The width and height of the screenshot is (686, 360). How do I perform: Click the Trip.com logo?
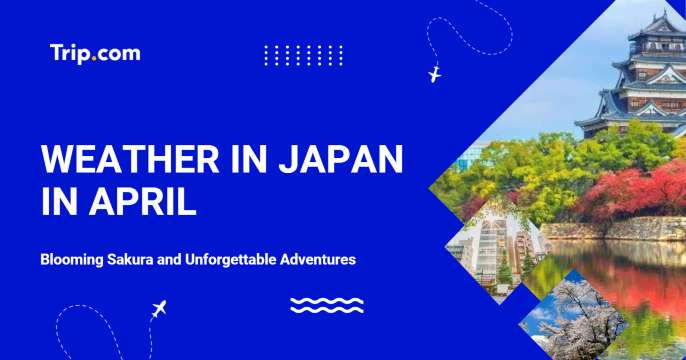click(x=95, y=53)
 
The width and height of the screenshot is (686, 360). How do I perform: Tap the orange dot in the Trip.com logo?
click(x=93, y=58)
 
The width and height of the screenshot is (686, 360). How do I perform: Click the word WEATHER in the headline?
click(x=117, y=160)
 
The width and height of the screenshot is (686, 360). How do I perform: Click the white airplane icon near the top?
click(x=434, y=74)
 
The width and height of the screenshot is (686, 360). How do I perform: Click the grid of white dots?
click(x=303, y=55)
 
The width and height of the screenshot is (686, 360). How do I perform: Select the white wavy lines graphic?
click(x=326, y=305)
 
